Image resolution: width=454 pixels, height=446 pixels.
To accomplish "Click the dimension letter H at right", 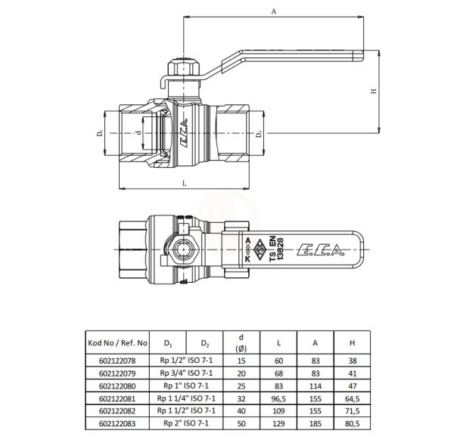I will pyautogui.click(x=373, y=91).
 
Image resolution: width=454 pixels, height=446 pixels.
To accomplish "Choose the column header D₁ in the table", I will pyautogui.click(x=167, y=342).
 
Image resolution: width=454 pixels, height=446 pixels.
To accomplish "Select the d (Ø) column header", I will pyautogui.click(x=241, y=342).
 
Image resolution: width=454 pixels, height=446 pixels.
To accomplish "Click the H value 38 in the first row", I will pyautogui.click(x=352, y=361).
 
